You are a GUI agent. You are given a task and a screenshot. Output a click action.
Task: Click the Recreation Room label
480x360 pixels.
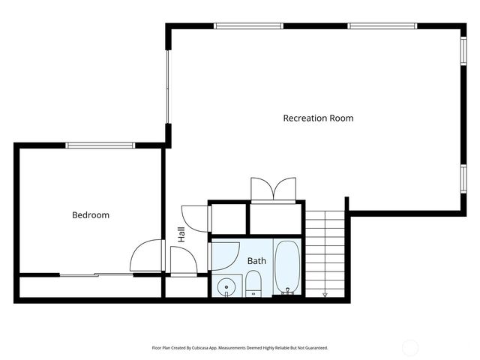point(318,118)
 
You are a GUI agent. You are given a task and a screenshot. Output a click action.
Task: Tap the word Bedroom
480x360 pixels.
point(91,215)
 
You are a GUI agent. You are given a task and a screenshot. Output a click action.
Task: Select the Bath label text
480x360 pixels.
point(257,261)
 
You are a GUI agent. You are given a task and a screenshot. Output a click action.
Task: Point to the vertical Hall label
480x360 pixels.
point(181,234)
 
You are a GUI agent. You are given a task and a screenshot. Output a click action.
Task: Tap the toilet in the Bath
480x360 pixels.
point(253,283)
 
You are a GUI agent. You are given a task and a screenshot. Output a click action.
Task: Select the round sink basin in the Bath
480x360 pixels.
point(226,286)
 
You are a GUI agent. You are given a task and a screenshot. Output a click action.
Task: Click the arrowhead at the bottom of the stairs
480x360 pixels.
point(325,295)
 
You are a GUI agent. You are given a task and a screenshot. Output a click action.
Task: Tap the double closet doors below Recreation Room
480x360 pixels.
point(274,189)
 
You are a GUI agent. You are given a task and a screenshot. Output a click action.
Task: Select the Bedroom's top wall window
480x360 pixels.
point(100,145)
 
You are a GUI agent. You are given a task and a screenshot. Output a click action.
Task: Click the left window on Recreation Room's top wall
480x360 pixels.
point(248,26)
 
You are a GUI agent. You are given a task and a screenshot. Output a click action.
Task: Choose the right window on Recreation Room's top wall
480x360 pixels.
point(382,26)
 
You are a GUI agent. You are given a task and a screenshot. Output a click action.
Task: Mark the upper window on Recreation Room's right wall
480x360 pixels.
point(463,58)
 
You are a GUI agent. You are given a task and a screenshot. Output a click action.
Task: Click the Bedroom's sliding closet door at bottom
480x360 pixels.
point(96,275)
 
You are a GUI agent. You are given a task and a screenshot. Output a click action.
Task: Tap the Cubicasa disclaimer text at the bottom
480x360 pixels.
point(240,348)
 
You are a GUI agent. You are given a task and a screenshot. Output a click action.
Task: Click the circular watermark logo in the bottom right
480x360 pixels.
point(409,348)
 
